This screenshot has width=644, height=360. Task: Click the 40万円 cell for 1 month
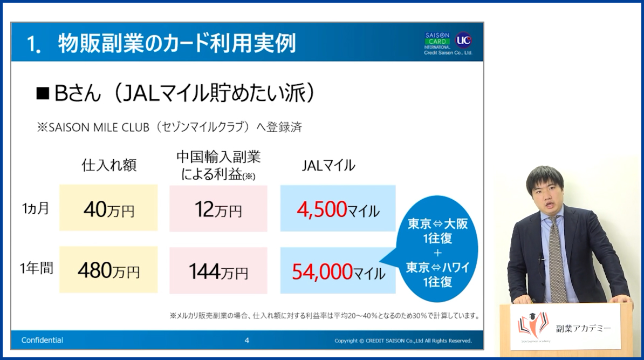(x=108, y=208)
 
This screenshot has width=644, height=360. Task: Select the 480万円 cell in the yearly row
(x=108, y=269)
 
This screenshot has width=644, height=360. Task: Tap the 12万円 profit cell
(x=218, y=208)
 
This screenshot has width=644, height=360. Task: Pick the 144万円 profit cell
(x=218, y=270)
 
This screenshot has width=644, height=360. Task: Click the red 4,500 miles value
(x=322, y=209)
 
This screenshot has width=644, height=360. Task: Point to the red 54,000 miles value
(x=323, y=271)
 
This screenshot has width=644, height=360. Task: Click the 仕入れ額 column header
(x=109, y=165)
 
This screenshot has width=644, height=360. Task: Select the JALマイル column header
(x=328, y=165)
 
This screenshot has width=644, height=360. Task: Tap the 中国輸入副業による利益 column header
(x=218, y=166)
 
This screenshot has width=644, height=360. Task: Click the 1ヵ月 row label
(x=36, y=208)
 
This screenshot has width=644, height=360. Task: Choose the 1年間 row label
(x=37, y=268)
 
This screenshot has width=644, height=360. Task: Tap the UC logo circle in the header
(x=464, y=40)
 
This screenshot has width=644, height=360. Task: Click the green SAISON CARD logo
(x=437, y=38)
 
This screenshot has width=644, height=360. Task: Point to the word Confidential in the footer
(x=42, y=340)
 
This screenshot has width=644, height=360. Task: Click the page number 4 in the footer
(x=247, y=340)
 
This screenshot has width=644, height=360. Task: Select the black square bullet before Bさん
(x=43, y=94)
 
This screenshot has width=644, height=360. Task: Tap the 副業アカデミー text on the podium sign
(x=583, y=328)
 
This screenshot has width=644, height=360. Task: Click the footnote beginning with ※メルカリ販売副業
(x=325, y=316)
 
